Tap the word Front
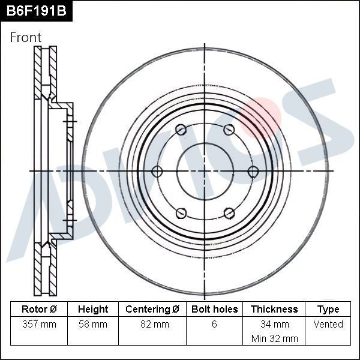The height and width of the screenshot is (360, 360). [26, 37]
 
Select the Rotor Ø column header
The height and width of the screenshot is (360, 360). [39, 310]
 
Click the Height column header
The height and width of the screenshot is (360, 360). [93, 310]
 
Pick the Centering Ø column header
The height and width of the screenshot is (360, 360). [152, 310]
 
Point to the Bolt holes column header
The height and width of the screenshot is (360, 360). [214, 310]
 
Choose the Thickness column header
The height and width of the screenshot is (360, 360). [274, 310]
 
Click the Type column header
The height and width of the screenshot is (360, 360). [328, 310]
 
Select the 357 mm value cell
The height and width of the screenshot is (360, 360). [39, 325]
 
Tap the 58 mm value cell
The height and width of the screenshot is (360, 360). [93, 325]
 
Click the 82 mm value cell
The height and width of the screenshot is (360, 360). [152, 325]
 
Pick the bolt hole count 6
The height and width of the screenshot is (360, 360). [214, 325]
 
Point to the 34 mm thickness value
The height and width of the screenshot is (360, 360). [274, 325]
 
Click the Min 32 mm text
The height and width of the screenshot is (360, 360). [274, 338]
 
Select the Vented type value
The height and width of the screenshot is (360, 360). [328, 325]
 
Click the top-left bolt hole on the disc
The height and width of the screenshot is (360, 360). [181, 130]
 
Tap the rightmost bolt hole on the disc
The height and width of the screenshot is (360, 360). [253, 172]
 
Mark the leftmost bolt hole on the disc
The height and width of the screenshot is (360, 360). [157, 172]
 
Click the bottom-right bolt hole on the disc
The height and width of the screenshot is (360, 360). [229, 213]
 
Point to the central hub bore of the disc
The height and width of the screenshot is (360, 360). [205, 172]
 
